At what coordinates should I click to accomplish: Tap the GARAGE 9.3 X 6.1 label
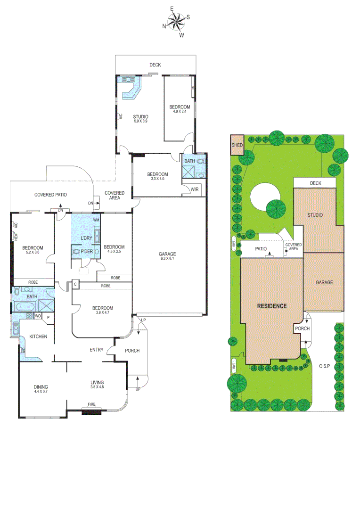coord(167,256)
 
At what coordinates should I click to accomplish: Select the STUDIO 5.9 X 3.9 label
coord(140,119)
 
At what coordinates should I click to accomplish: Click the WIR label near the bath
coord(194,189)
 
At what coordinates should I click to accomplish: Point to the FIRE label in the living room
coord(91,405)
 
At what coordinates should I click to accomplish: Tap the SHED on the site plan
coord(237,146)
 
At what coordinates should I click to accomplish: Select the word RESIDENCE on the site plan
coord(272,306)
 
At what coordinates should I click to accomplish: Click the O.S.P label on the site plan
coord(323,366)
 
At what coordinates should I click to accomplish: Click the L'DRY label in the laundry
coord(86,238)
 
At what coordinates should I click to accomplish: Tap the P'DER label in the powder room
coord(86,252)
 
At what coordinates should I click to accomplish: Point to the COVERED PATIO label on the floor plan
coord(50,195)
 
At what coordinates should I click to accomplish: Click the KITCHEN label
coord(38,337)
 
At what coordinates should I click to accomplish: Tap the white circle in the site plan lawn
coord(265,198)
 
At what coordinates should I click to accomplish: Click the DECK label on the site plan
coord(315,183)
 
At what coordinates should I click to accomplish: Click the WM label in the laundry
coord(96,220)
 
